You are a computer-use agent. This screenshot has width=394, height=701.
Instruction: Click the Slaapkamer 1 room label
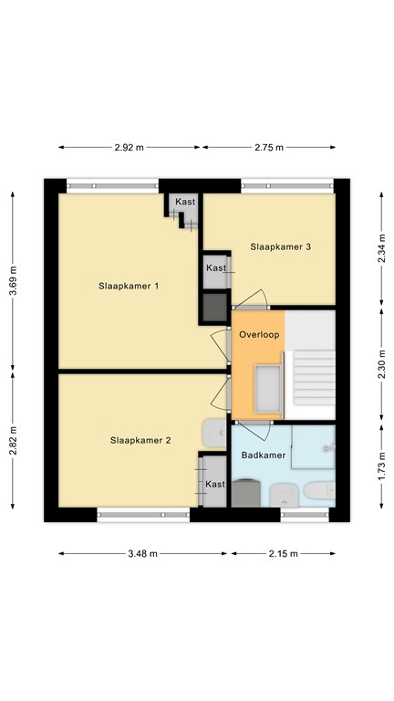pyautogui.click(x=129, y=286)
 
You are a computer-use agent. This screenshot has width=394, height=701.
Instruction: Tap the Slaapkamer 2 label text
pyautogui.click(x=140, y=440)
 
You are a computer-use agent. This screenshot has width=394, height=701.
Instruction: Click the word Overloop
pyautogui.click(x=258, y=335)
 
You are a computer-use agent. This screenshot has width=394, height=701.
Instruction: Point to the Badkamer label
pyautogui.click(x=264, y=454)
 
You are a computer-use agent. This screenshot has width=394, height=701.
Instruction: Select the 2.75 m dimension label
pyautogui.click(x=268, y=147)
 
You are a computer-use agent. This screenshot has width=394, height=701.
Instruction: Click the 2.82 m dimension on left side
pyautogui.click(x=13, y=447)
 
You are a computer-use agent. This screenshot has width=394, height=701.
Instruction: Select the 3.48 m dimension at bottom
pyautogui.click(x=143, y=553)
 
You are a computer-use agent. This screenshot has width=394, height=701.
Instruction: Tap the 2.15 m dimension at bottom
pyautogui.click(x=283, y=553)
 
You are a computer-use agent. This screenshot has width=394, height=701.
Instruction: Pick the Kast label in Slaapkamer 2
pyautogui.click(x=214, y=484)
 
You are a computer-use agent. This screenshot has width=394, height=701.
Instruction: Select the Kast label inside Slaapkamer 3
pyautogui.click(x=215, y=268)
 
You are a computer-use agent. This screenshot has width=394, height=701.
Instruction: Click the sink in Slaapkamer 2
pyautogui.click(x=210, y=432)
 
